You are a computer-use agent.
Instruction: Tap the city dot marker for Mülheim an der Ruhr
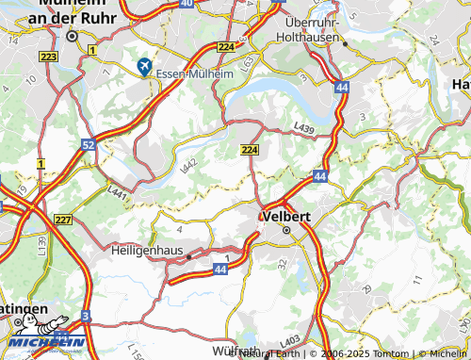[72, 36]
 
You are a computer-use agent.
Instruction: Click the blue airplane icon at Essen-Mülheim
[143, 66]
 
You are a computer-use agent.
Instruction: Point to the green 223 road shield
[50, 57]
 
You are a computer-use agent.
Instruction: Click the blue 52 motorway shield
[88, 145]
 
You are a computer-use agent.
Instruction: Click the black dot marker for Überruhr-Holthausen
[345, 43]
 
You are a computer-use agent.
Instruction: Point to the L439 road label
[302, 126]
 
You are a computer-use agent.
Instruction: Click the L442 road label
[189, 165]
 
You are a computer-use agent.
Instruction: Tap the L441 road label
[118, 192]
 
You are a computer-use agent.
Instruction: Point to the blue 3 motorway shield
[86, 316]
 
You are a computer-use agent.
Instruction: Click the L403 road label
[292, 340]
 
